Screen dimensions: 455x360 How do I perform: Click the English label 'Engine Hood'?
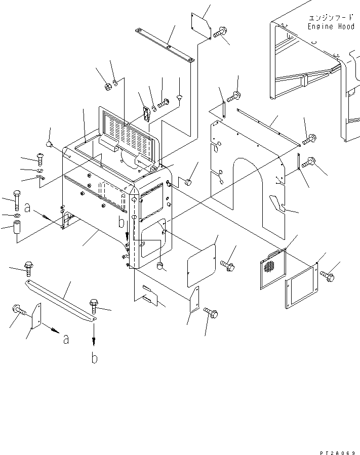[x=328, y=27]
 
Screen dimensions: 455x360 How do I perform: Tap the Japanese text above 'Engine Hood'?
[x=328, y=18]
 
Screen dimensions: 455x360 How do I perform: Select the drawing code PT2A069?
[x=338, y=449]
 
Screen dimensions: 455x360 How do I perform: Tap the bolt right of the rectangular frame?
[x=327, y=276]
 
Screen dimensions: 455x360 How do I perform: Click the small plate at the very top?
[x=201, y=24]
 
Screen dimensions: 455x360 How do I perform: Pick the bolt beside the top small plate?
[x=219, y=33]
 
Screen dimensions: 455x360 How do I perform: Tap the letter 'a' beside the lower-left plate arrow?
[x=66, y=340]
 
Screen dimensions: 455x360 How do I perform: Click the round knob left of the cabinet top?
[x=49, y=145]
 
